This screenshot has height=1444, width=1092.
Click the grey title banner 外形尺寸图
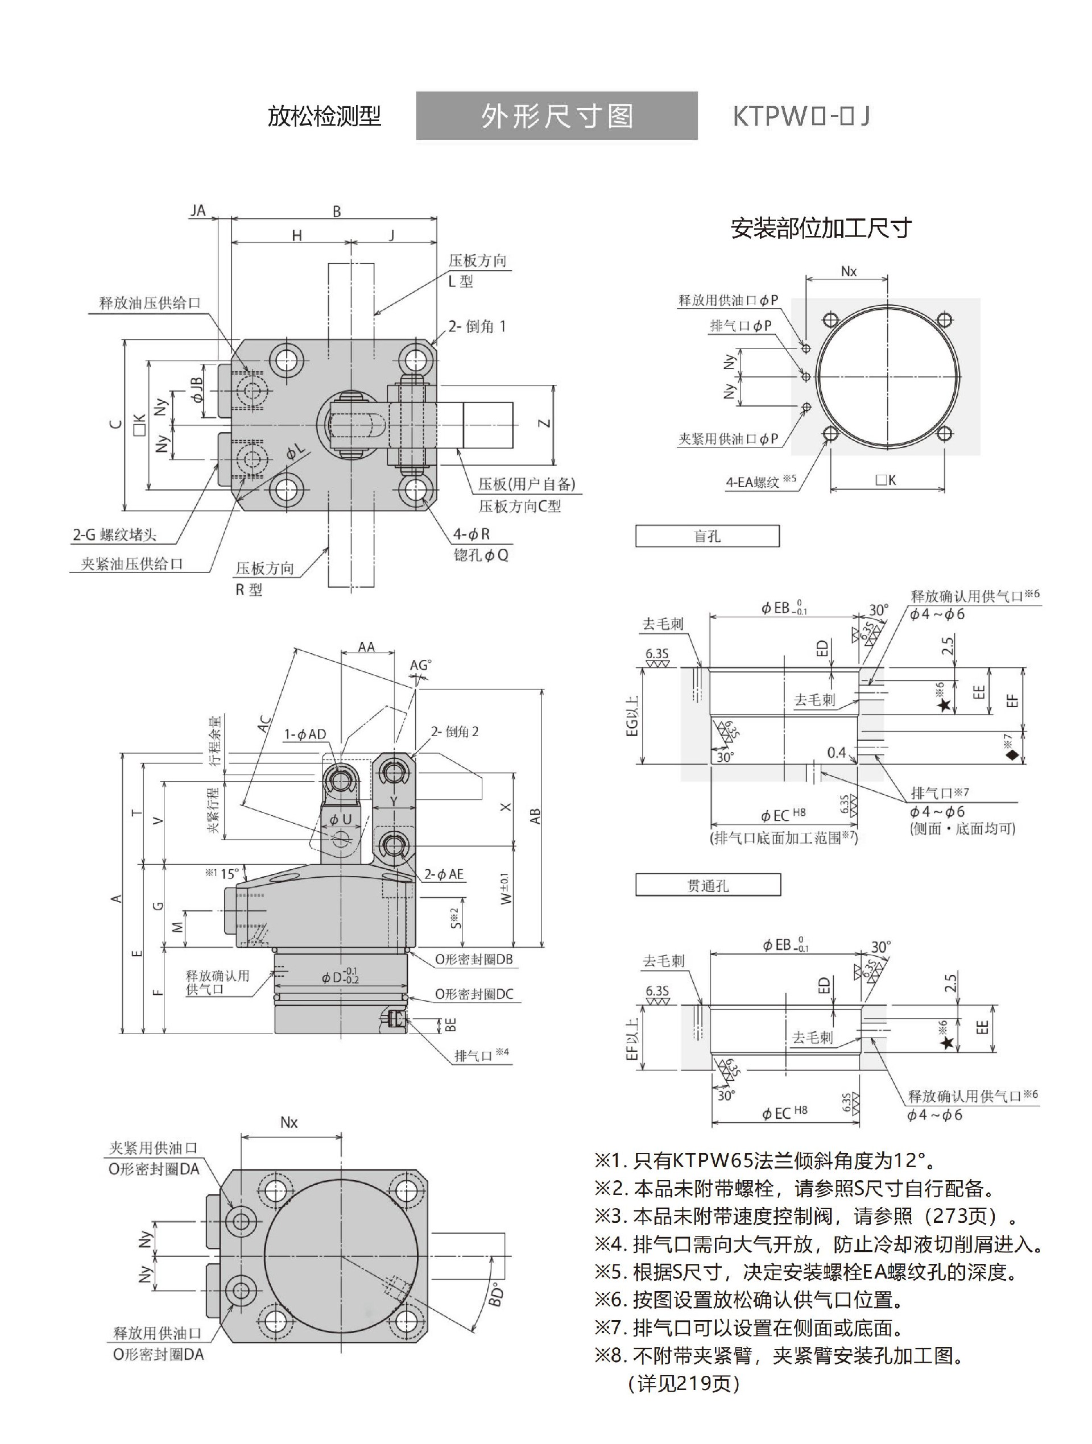556,115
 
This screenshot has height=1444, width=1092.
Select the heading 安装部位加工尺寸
821,228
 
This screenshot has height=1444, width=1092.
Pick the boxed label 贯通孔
708,886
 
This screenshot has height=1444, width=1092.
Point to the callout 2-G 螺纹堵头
114,534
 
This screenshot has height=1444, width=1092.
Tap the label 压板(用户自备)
527,484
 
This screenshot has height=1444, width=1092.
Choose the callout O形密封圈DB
474,959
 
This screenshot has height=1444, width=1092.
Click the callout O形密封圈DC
474,994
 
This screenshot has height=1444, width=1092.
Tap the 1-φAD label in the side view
304,735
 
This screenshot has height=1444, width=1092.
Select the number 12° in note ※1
910,1160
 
